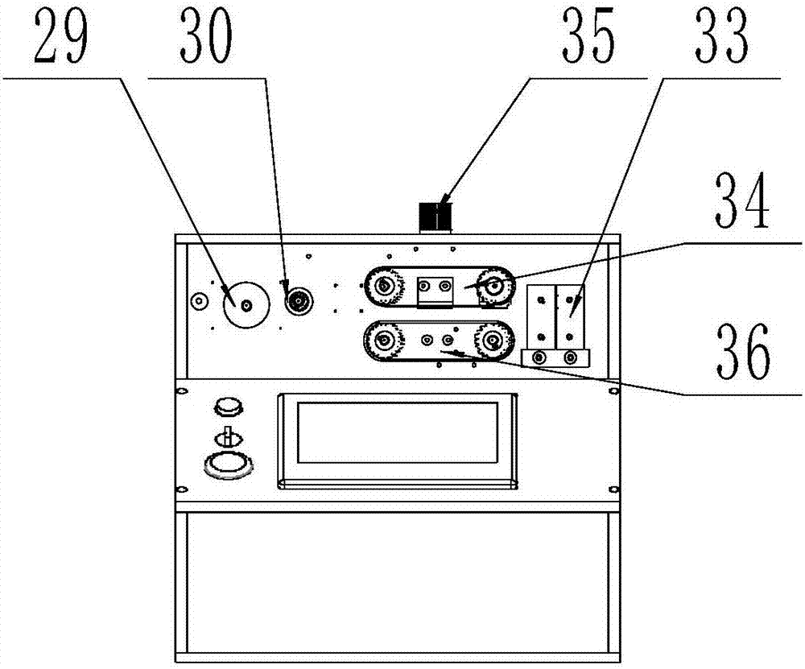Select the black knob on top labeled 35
coord(435,217)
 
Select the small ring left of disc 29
coord(198,301)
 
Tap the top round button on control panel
coord(228,406)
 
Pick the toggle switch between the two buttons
coord(227,436)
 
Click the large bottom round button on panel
coord(229,465)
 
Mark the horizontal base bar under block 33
coord(556,357)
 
